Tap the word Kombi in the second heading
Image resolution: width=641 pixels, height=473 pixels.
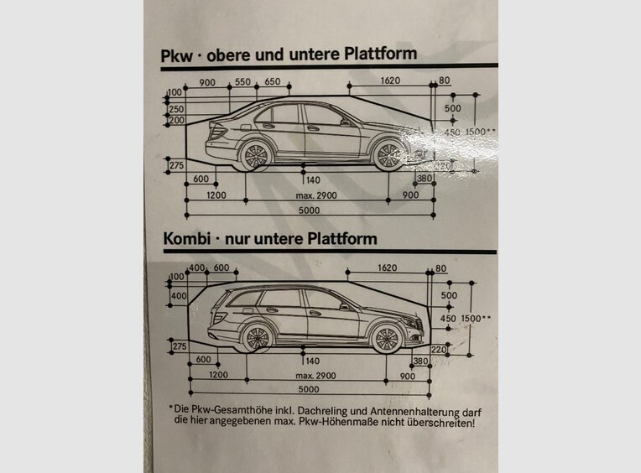[185, 239]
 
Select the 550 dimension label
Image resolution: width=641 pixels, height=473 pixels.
[242, 81]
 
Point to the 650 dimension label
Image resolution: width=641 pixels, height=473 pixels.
[273, 81]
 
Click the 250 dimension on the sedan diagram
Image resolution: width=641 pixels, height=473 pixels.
[176, 109]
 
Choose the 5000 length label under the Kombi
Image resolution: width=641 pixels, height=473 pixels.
[309, 391]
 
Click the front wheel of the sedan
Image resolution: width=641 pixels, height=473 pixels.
[388, 154]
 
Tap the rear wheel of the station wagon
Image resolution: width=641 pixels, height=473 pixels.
[257, 337]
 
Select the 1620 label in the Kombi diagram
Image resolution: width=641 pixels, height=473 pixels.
[388, 268]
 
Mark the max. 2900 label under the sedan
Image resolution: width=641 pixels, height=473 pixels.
[315, 195]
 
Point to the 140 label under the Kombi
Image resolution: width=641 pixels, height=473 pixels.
[312, 361]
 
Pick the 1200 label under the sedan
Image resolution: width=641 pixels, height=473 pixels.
[217, 195]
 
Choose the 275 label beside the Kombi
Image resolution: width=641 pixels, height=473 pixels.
[178, 346]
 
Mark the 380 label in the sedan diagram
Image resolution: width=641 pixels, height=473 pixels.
[425, 178]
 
